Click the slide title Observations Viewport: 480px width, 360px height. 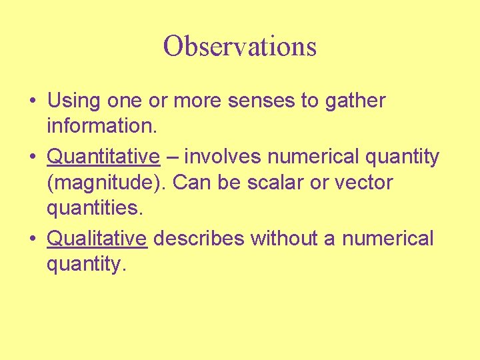[x=240, y=47]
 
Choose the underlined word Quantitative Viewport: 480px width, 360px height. [x=103, y=157]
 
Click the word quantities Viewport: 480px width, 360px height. [x=94, y=209]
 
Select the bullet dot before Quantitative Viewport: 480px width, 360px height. [x=33, y=157]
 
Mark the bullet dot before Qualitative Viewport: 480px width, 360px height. [x=33, y=239]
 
